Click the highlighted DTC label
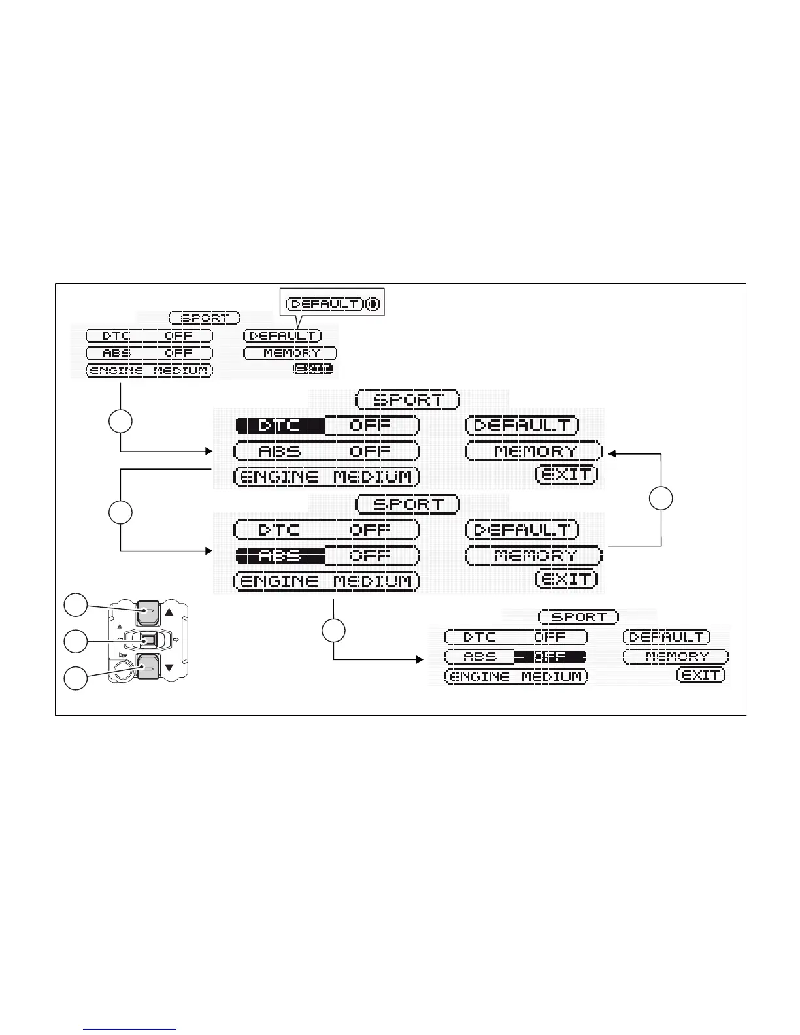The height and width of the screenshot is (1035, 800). tap(280, 425)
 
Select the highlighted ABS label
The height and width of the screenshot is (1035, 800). tap(280, 556)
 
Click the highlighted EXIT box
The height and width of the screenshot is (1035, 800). tap(313, 369)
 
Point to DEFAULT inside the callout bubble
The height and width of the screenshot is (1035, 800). tap(325, 304)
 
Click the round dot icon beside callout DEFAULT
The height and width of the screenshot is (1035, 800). tap(373, 304)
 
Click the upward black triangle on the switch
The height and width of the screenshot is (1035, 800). tap(169, 612)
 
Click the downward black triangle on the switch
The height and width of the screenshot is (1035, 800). tap(169, 668)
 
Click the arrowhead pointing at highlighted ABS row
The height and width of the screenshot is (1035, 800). tap(209, 551)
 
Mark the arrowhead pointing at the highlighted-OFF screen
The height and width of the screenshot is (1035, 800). tap(420, 659)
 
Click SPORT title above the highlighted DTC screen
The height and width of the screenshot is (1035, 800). tap(408, 399)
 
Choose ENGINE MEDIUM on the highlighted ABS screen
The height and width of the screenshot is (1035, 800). tap(326, 581)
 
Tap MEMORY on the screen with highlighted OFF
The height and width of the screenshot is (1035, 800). tap(676, 657)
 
